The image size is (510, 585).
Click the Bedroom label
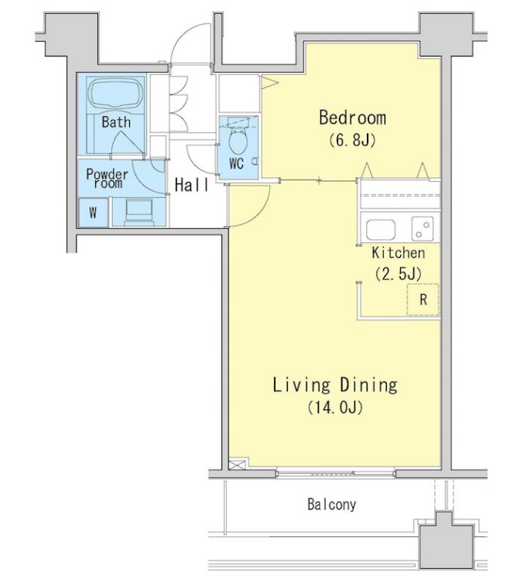(x=353, y=118)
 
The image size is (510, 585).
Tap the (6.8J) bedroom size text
(x=352, y=140)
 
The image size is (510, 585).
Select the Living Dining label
(x=335, y=385)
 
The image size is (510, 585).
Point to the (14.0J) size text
(x=335, y=407)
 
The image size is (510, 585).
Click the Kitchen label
(x=399, y=253)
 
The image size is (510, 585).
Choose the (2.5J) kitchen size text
(x=399, y=273)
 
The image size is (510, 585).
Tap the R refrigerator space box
(x=423, y=299)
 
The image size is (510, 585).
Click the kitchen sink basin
(x=381, y=230)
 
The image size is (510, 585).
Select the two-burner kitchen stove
(x=423, y=229)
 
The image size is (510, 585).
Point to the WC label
(x=237, y=163)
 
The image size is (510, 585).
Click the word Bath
(x=116, y=122)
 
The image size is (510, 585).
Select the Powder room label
(x=107, y=178)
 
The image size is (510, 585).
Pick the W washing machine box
(x=94, y=213)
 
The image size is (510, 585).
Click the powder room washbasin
(x=139, y=212)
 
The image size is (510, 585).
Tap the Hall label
(x=191, y=185)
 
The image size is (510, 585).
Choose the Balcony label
(x=332, y=505)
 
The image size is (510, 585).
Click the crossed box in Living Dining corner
(x=237, y=464)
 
